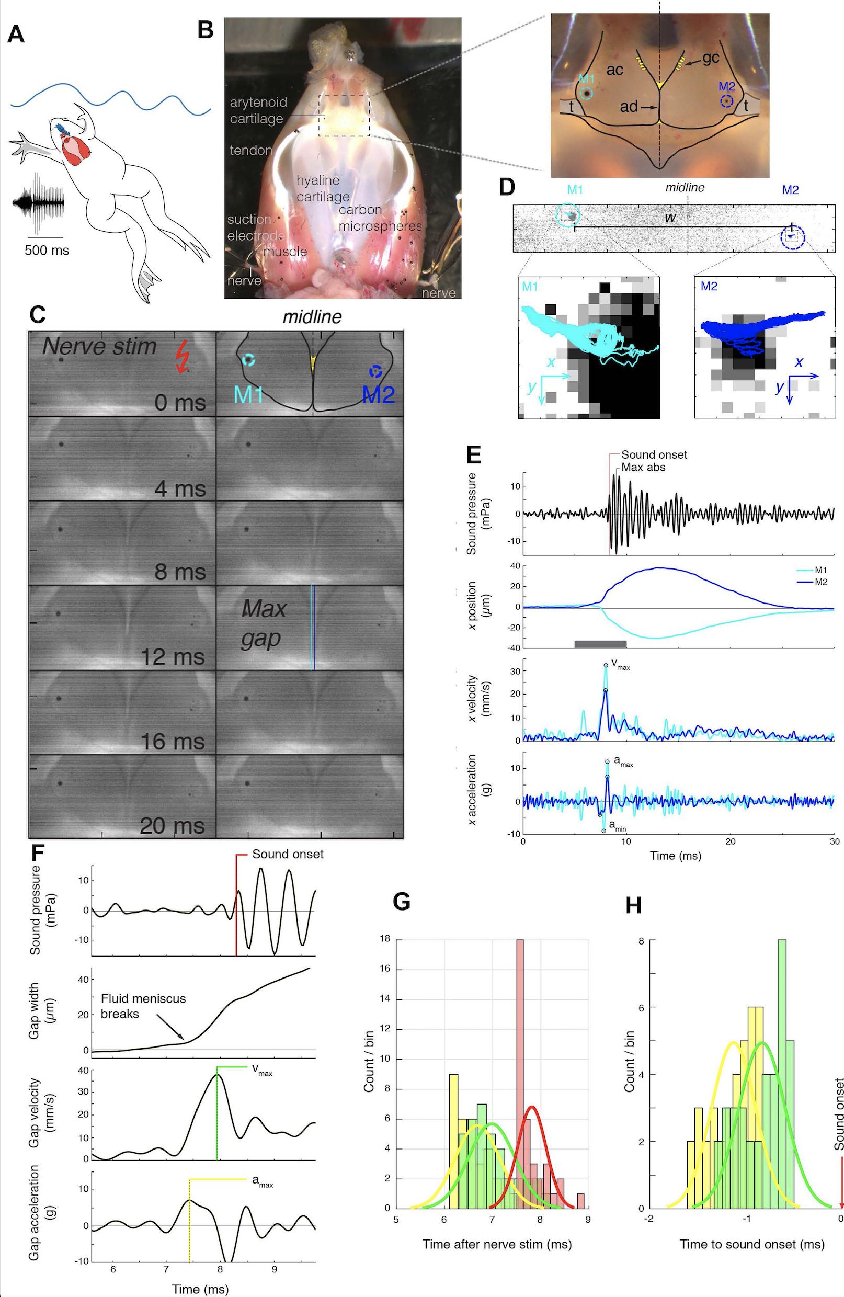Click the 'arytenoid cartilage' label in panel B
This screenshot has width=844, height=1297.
point(257,110)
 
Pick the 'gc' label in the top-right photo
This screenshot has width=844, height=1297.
point(711,58)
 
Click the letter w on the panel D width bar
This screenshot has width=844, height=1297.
point(670,218)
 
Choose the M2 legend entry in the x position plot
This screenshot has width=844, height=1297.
point(816,582)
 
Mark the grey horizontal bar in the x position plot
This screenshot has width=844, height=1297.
point(600,644)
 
